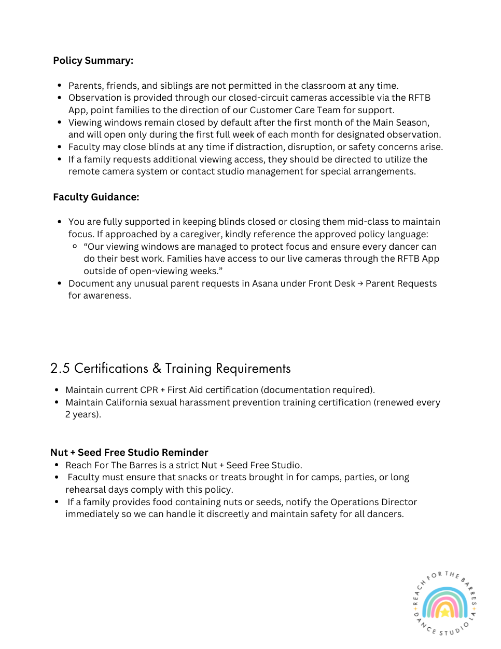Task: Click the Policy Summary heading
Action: click(93, 61)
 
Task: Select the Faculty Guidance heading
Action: click(96, 197)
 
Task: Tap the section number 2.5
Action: click(60, 369)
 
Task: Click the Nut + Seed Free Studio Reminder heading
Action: click(129, 452)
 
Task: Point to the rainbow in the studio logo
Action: click(444, 603)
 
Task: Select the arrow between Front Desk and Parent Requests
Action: click(360, 283)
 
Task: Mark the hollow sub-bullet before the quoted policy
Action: click(75, 247)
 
